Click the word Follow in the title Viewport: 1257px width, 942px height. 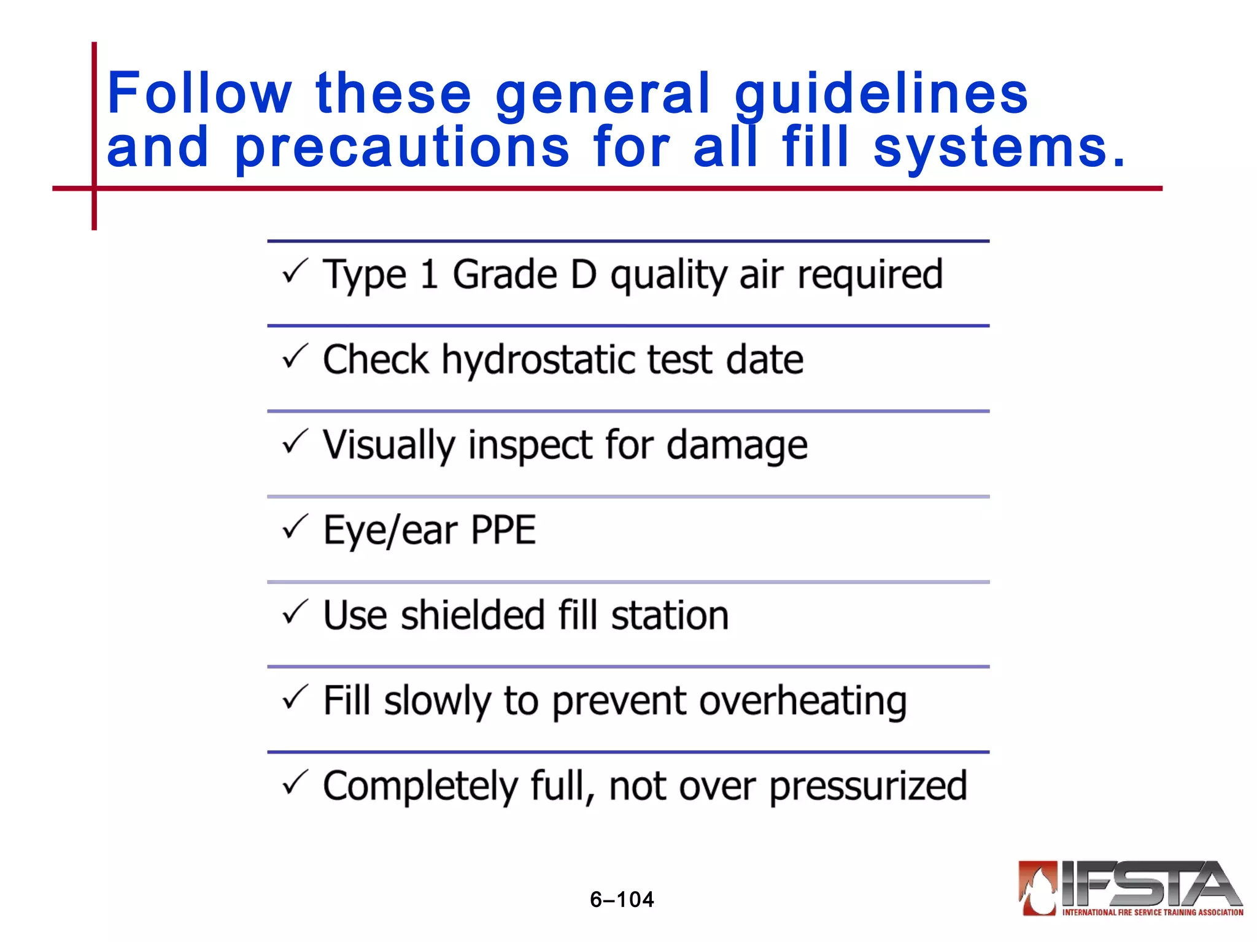[199, 93]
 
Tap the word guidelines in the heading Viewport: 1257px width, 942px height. [881, 94]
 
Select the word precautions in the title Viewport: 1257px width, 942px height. [402, 148]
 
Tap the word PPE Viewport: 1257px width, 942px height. [503, 530]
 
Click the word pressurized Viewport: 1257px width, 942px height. [868, 786]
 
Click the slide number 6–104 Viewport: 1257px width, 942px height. [622, 900]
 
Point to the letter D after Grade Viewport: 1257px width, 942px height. [583, 274]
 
